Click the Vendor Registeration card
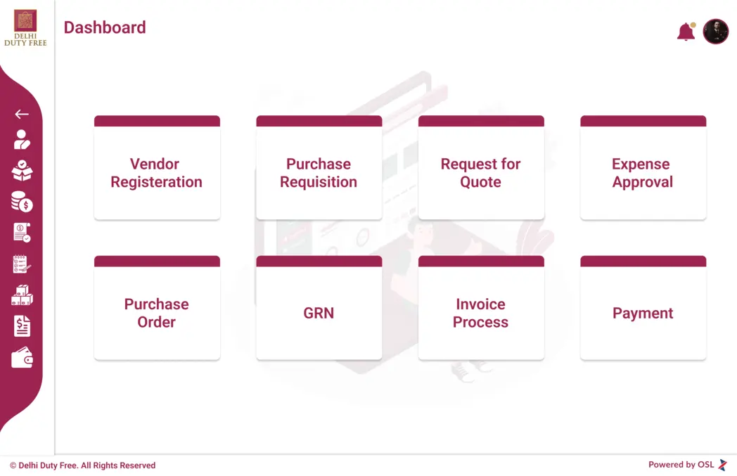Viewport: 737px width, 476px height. [157, 168]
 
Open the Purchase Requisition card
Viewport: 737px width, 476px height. [319, 168]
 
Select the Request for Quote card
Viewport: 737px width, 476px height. [481, 168]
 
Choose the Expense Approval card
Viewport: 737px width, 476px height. [643, 168]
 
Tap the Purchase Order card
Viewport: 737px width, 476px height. [157, 308]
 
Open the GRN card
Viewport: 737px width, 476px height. [319, 308]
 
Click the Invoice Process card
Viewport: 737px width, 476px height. [481, 308]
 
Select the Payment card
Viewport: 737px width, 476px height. [643, 308]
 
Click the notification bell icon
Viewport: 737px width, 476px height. [686, 32]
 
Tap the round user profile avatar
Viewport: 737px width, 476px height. [715, 32]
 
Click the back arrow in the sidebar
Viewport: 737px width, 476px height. [22, 114]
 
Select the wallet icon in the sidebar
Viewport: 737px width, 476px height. [22, 358]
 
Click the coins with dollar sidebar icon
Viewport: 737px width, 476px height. [22, 202]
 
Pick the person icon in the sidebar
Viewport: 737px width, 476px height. [22, 139]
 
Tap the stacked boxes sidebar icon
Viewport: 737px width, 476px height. [22, 295]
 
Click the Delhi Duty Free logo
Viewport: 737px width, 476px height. [25, 27]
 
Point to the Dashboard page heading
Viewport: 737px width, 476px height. [105, 27]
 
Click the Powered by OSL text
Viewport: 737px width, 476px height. [681, 464]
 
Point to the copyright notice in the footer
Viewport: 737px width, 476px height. [83, 465]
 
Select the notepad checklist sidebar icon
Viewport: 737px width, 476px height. [22, 264]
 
